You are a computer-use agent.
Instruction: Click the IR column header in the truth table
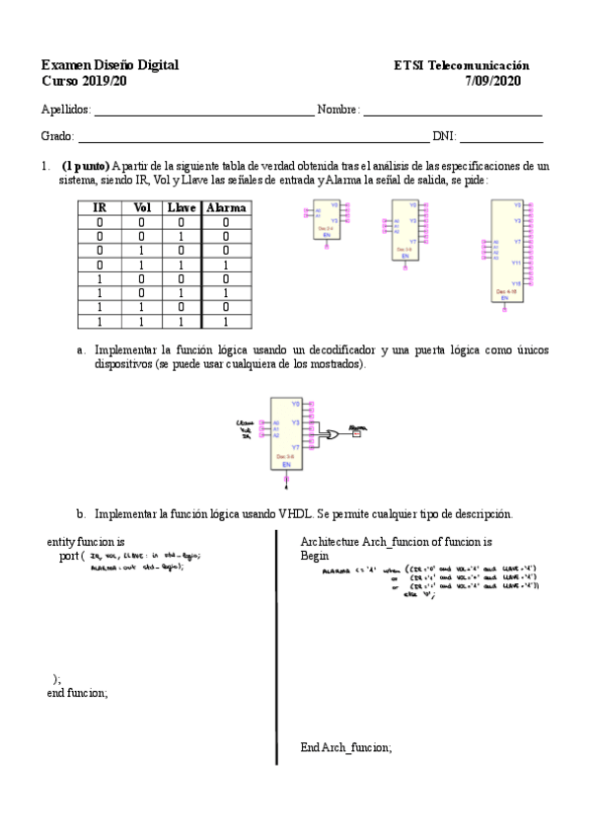99,208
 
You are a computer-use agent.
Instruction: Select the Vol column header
142,208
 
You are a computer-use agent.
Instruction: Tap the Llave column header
183,208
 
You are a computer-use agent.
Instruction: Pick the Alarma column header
226,208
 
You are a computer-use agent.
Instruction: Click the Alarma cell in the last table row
226,321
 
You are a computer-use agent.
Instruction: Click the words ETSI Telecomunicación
461,65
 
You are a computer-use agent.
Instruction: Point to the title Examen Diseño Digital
110,65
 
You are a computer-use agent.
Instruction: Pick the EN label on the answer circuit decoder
286,463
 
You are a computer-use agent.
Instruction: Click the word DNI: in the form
443,136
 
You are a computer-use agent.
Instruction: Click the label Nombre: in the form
338,110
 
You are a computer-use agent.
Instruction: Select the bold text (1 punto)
86,166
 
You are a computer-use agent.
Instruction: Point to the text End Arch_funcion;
345,747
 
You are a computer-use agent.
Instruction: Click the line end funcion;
78,693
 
